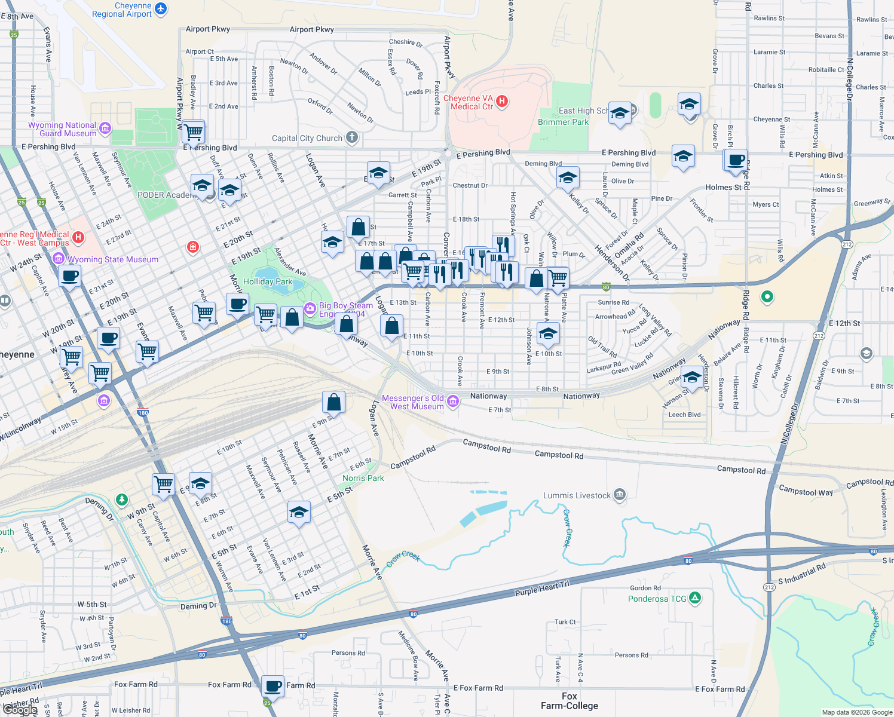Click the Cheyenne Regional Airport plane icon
[x=161, y=9]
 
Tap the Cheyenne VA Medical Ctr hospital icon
[x=502, y=102]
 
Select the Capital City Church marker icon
[x=352, y=138]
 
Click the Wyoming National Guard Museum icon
[x=105, y=128]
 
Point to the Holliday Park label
[x=268, y=281]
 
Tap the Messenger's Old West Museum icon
[x=453, y=402]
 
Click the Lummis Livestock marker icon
[x=620, y=495]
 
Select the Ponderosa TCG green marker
[x=694, y=597]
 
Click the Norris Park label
[x=363, y=478]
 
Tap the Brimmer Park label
[x=563, y=122]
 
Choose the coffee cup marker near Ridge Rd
[x=737, y=160]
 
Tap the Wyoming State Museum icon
[x=59, y=259]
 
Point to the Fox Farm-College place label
[x=569, y=701]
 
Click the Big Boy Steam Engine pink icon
[x=310, y=308]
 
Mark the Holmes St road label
[x=723, y=187]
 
